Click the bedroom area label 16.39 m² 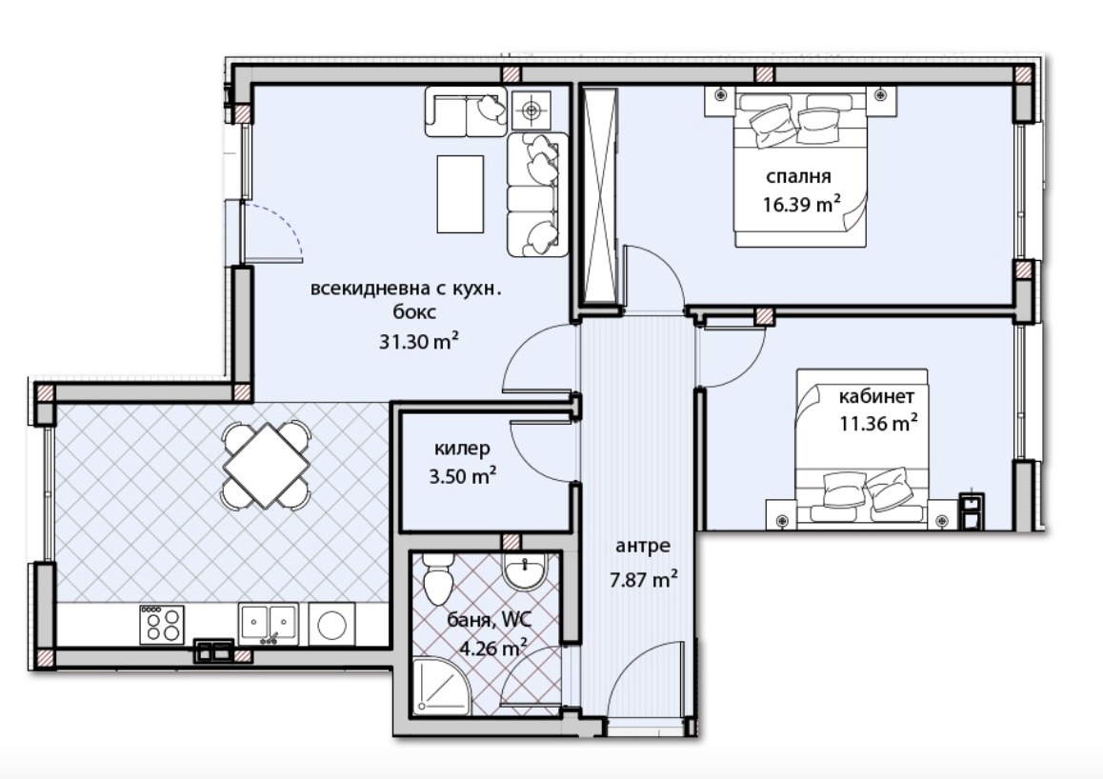[x=802, y=204]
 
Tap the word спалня [x=798, y=176]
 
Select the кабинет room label [x=876, y=396]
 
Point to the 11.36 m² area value [x=878, y=423]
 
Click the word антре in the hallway [x=643, y=546]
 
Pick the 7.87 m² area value [x=643, y=580]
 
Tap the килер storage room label [x=462, y=448]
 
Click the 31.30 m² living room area [x=419, y=342]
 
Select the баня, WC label [x=490, y=620]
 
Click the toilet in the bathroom [x=437, y=578]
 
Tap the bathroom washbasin [x=525, y=569]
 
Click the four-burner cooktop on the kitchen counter [x=162, y=625]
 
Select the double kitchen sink [x=268, y=624]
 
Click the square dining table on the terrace [x=267, y=465]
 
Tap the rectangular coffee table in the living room [x=460, y=194]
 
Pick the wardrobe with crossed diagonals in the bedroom [x=601, y=197]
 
